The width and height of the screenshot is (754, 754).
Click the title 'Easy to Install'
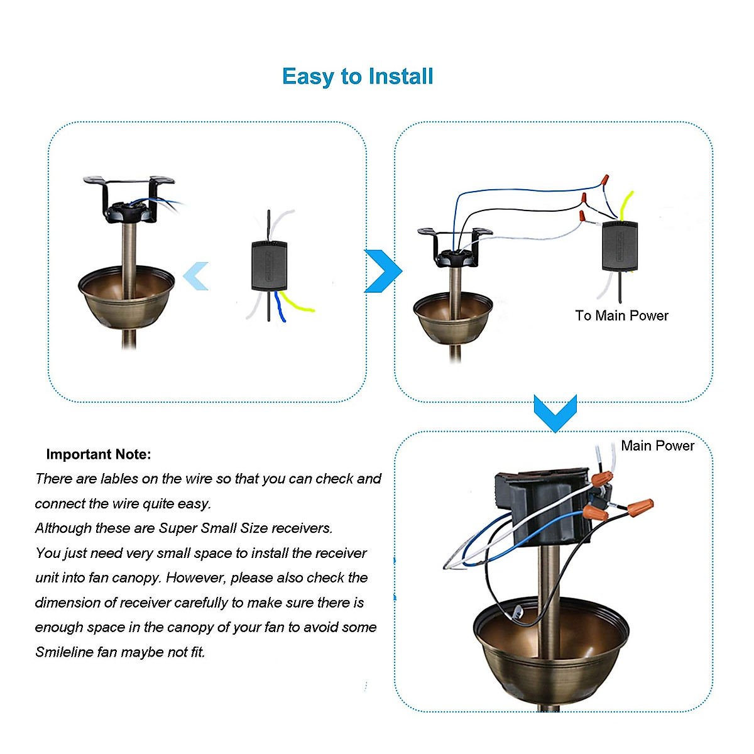point(358,77)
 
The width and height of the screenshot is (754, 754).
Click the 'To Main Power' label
point(621,315)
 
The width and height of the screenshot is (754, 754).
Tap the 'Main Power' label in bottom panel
point(657,445)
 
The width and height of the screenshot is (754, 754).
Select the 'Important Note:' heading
point(99,454)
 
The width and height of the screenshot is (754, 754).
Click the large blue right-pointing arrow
point(383,271)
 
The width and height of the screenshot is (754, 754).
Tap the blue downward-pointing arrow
point(555,412)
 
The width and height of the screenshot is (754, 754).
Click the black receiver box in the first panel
point(269,265)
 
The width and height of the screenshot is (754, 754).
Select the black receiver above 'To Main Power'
point(620,246)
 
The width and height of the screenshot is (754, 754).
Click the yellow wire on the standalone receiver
point(297,305)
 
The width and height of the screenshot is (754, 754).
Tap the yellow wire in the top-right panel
point(626,204)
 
